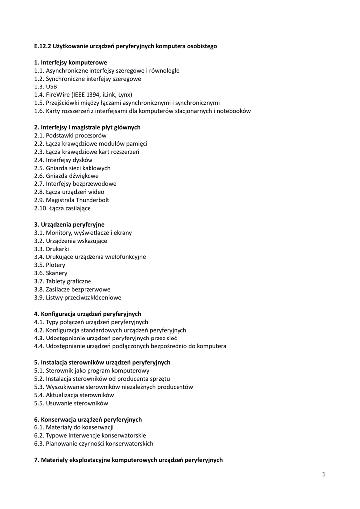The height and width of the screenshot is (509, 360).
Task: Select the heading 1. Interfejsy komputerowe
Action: (x=71, y=63)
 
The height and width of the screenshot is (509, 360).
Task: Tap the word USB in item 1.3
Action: (x=51, y=86)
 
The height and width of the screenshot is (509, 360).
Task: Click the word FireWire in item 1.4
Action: (x=59, y=95)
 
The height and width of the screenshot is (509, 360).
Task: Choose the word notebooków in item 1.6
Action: (x=232, y=111)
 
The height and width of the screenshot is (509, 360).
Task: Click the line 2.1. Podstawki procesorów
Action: (x=70, y=135)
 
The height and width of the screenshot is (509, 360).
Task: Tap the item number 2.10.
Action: (x=41, y=208)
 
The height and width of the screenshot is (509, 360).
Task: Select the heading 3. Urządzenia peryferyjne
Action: (x=69, y=224)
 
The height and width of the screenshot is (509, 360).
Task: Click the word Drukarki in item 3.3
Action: (x=57, y=249)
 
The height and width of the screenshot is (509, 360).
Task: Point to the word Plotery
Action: (x=55, y=265)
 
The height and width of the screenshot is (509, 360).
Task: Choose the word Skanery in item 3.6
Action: (x=56, y=273)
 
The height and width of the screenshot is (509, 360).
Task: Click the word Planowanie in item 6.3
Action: (x=62, y=443)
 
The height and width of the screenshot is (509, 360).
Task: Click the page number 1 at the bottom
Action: (x=324, y=474)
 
